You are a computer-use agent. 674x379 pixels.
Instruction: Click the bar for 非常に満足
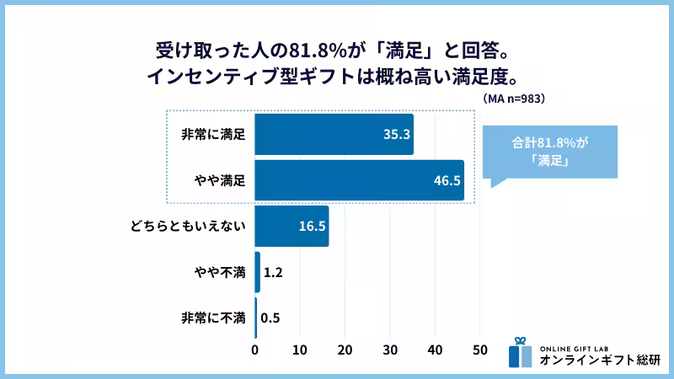click(x=334, y=134)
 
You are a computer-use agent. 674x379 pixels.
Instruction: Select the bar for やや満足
click(x=359, y=180)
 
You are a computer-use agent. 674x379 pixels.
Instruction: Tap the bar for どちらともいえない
click(x=292, y=226)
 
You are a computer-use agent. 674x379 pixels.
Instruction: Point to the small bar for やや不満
click(x=257, y=272)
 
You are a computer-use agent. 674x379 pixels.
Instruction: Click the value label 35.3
click(x=395, y=135)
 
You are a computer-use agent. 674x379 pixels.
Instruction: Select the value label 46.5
click(x=446, y=180)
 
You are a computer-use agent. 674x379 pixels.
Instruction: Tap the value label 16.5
click(x=313, y=226)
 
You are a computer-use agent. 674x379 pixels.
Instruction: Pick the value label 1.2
click(x=272, y=272)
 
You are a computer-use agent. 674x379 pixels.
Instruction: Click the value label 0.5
click(x=270, y=318)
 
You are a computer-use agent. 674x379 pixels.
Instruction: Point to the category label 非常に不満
click(x=213, y=318)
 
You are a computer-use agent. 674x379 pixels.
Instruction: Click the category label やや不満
click(x=218, y=272)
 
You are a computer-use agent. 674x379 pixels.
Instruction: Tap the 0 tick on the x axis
click(x=255, y=349)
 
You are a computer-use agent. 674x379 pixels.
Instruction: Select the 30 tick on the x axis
click(x=390, y=349)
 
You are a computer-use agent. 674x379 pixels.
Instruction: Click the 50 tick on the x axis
click(x=479, y=349)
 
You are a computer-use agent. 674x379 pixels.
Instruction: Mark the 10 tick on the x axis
click(x=300, y=349)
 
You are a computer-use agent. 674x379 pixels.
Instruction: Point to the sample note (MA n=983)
click(x=515, y=99)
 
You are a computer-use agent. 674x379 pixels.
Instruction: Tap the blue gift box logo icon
click(x=521, y=353)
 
